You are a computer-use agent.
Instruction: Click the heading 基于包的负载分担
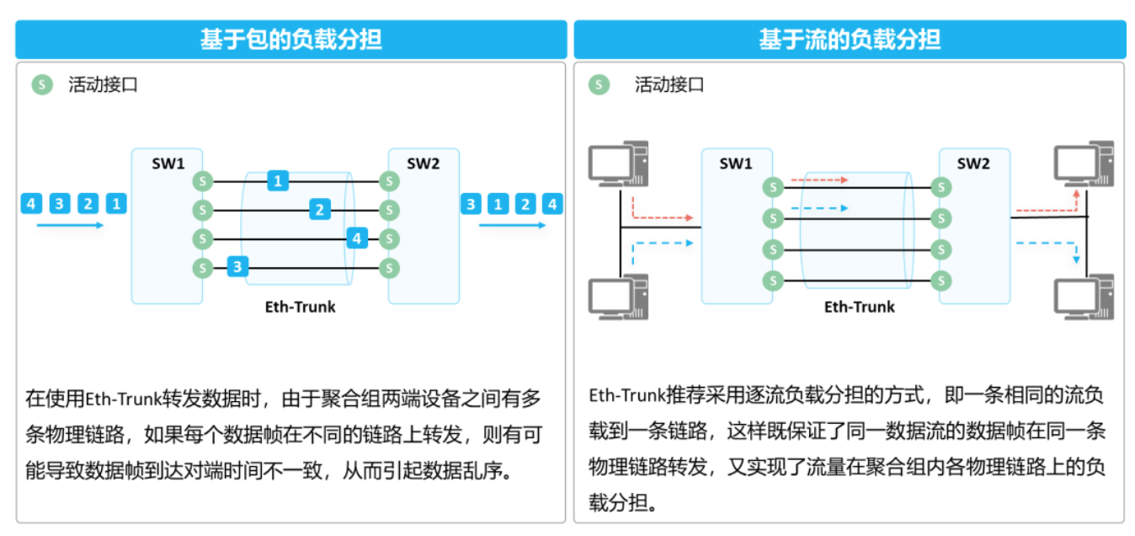click(x=290, y=40)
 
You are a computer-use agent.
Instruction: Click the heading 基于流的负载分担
click(x=850, y=40)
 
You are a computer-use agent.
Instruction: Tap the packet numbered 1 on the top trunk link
click(x=278, y=180)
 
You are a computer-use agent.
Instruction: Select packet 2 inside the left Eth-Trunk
click(x=319, y=209)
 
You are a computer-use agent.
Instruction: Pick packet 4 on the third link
click(x=357, y=239)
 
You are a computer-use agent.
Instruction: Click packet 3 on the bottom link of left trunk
click(x=237, y=267)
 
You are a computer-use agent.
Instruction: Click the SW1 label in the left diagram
click(x=168, y=163)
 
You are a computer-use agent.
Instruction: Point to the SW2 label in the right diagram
click(x=973, y=163)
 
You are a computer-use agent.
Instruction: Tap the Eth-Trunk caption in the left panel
click(x=300, y=307)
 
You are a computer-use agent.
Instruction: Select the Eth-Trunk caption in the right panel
click(x=859, y=307)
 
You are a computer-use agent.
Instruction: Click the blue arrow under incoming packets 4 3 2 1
click(x=70, y=225)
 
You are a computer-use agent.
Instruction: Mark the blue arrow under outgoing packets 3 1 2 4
click(x=513, y=225)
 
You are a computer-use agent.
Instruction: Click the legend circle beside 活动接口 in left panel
click(x=41, y=84)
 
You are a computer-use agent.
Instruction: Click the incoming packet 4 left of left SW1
click(x=31, y=203)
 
